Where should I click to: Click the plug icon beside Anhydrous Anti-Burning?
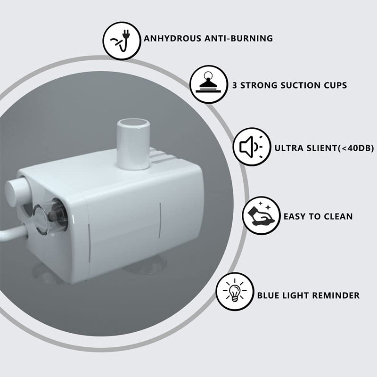[122, 41]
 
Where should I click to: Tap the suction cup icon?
[208, 84]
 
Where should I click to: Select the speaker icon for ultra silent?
[252, 147]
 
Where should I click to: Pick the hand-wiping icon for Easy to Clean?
[262, 216]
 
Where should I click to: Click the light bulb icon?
[235, 291]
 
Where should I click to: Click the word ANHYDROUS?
[172, 39]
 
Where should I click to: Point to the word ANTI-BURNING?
[239, 39]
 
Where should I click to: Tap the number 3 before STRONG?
[235, 85]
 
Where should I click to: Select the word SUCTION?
[300, 85]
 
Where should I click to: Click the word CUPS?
[336, 85]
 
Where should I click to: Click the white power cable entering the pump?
[14, 232]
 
